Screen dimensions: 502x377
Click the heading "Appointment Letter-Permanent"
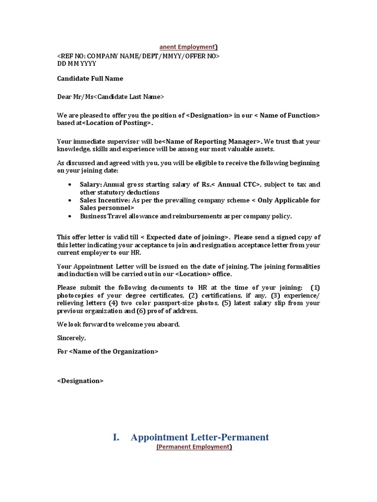pyautogui.click(x=200, y=437)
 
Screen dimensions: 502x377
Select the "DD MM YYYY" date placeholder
pyautogui.click(x=77, y=64)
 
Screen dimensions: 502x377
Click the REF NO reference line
pyautogui.click(x=138, y=56)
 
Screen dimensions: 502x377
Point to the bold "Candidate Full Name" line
pyautogui.click(x=90, y=78)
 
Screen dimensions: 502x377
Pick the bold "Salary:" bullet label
pyautogui.click(x=91, y=184)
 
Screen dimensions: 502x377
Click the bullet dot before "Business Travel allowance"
pyautogui.click(x=70, y=216)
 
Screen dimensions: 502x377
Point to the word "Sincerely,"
pyautogui.click(x=72, y=338)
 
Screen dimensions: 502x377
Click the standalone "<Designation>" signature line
pyautogui.click(x=81, y=381)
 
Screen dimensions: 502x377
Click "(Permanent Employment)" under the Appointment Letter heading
pyautogui.click(x=194, y=447)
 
